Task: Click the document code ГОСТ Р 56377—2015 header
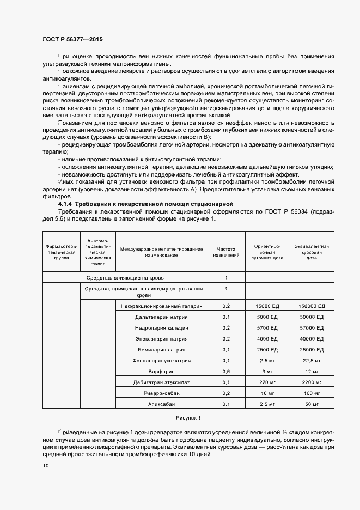point(72,39)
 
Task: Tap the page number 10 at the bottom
point(45,465)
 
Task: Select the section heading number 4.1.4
point(59,203)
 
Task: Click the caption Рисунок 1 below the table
point(188,417)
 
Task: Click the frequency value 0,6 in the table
point(226,371)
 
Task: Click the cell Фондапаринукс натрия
point(163,360)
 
